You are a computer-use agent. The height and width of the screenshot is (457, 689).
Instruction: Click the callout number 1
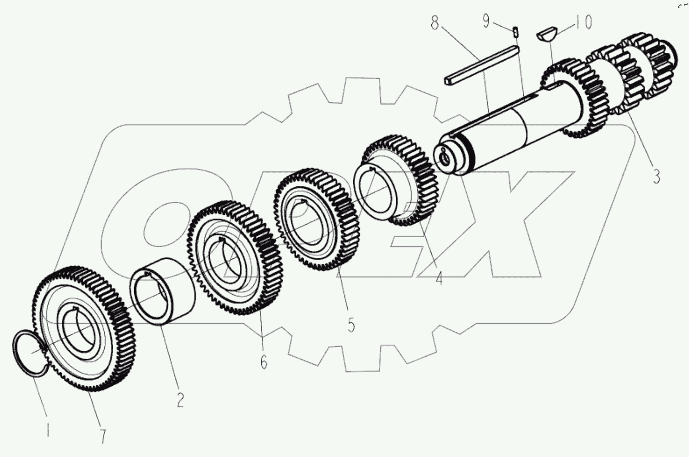point(48,430)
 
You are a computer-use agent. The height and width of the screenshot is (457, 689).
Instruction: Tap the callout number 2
point(180,399)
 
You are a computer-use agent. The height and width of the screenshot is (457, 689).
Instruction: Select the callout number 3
point(656,175)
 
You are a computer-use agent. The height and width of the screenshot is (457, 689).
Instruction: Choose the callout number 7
point(103,436)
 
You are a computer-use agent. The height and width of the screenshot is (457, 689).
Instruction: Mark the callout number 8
point(435,23)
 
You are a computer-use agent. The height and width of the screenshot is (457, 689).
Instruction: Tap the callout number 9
point(486,21)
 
